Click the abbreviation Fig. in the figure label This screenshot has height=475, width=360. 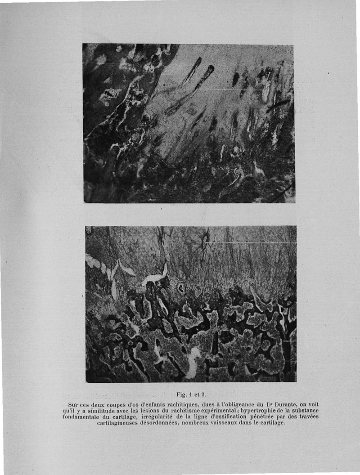(x=181, y=395)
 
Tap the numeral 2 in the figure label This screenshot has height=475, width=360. (x=199, y=395)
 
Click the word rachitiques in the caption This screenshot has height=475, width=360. (x=177, y=404)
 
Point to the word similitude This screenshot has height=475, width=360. (x=95, y=411)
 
